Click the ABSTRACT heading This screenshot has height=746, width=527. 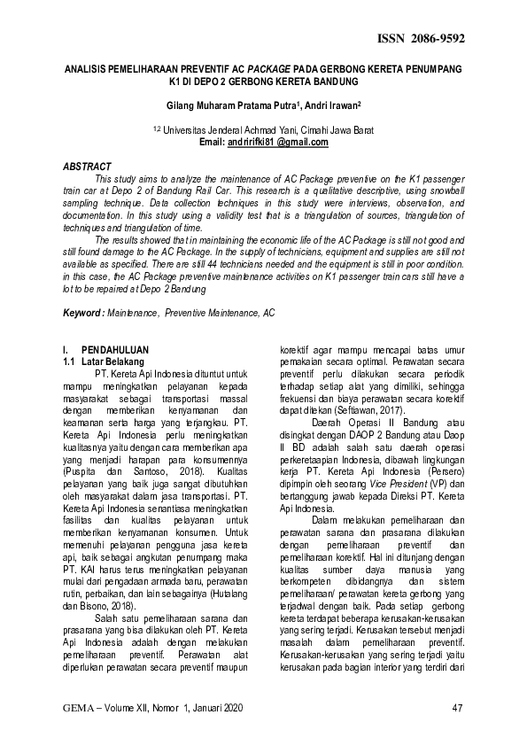pos(87,167)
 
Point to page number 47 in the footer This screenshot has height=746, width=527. pos(458,707)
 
